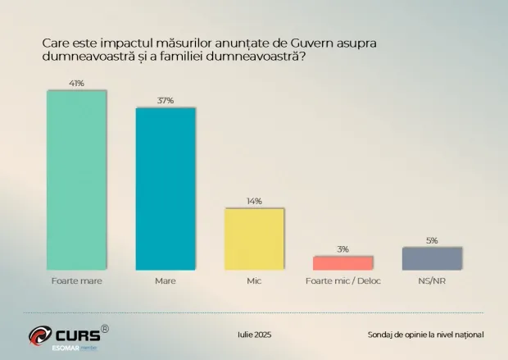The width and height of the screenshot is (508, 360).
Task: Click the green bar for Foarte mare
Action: (76, 180)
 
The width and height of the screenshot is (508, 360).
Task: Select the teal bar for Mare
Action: (166, 189)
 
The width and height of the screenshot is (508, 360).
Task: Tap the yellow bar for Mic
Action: (254, 239)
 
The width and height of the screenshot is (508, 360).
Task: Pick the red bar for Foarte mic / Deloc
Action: (342, 263)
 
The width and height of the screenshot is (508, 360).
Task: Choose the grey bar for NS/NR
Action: (432, 259)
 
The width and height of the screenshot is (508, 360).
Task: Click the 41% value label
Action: (76, 84)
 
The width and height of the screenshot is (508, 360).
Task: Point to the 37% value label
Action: (166, 101)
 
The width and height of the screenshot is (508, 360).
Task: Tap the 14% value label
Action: (254, 201)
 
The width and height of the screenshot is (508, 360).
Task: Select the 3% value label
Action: (342, 249)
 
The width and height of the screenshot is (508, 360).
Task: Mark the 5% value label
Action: (432, 240)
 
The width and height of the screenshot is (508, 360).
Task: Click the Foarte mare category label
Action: (76, 280)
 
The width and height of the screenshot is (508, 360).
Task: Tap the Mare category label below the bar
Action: (166, 280)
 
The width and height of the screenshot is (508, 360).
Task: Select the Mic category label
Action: (254, 280)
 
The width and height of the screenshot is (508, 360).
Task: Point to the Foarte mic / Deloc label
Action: (343, 280)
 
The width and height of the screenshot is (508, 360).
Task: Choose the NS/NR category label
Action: (432, 280)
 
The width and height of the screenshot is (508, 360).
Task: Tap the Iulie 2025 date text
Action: (254, 335)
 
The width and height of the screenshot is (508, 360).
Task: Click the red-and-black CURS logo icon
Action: (40, 335)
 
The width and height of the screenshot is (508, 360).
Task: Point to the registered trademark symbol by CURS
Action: (105, 329)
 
